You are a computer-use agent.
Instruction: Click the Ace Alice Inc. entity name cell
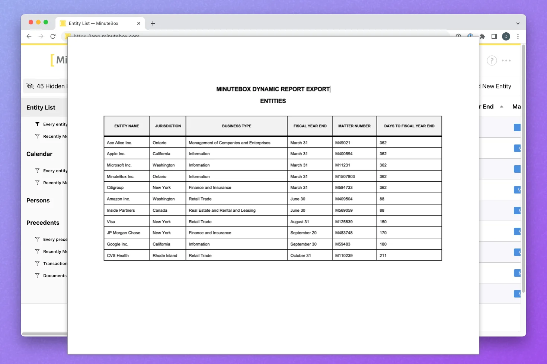(x=119, y=143)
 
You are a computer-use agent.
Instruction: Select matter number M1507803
(x=345, y=176)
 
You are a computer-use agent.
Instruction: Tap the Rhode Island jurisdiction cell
(x=165, y=256)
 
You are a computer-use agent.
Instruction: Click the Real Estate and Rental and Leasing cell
(x=222, y=210)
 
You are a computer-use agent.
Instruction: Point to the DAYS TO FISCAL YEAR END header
(x=409, y=126)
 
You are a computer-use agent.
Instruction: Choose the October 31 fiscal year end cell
(x=301, y=256)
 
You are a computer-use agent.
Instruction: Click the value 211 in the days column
(x=383, y=256)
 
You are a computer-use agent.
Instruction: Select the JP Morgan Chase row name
(x=124, y=233)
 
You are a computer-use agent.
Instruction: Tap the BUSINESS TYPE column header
(x=237, y=126)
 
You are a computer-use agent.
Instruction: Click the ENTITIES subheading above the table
(x=273, y=101)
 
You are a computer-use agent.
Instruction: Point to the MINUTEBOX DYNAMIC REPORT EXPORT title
(x=273, y=89)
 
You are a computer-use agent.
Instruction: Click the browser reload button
(x=53, y=36)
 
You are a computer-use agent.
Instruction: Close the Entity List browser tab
(x=139, y=23)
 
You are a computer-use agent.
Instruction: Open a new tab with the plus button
(x=153, y=23)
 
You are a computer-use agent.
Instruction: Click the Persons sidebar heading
(x=38, y=201)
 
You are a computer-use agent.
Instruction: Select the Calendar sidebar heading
(x=39, y=154)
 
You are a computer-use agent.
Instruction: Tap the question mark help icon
(x=492, y=61)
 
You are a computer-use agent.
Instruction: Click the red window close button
(x=31, y=22)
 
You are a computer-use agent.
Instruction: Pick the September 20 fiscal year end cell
(x=303, y=233)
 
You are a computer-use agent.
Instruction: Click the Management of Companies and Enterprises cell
(x=229, y=143)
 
